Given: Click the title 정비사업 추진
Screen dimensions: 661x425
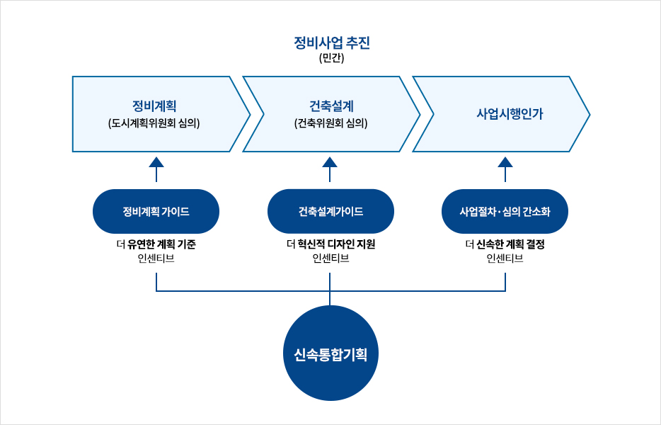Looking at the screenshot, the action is pyautogui.click(x=332, y=43).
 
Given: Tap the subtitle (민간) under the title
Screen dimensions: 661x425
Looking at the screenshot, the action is pyautogui.click(x=332, y=58).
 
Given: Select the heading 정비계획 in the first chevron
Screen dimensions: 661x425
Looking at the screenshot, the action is pyautogui.click(x=154, y=106).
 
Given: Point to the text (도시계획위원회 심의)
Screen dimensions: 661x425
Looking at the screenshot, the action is pyautogui.click(x=154, y=123).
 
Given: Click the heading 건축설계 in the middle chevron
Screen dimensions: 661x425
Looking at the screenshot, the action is pyautogui.click(x=331, y=106).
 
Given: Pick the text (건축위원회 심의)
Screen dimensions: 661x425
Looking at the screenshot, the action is pyautogui.click(x=331, y=123).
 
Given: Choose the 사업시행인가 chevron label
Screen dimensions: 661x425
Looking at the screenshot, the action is pyautogui.click(x=510, y=114).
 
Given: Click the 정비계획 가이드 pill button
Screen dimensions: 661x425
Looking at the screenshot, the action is pyautogui.click(x=156, y=212).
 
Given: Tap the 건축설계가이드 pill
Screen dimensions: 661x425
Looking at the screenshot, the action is pyautogui.click(x=331, y=212).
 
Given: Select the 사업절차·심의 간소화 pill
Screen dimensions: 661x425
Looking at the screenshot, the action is pyautogui.click(x=505, y=212).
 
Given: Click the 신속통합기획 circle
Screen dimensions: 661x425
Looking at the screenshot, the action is pyautogui.click(x=331, y=353).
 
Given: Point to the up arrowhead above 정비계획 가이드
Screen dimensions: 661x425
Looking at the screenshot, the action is pyautogui.click(x=156, y=162).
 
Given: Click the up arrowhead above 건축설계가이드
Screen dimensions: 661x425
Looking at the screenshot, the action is pyautogui.click(x=330, y=162).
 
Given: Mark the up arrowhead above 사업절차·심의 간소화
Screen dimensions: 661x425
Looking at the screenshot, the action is pyautogui.click(x=505, y=162).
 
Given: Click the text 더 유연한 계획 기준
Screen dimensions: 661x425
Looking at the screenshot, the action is pyautogui.click(x=156, y=244).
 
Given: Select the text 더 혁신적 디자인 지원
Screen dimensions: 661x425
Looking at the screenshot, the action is pyautogui.click(x=331, y=244).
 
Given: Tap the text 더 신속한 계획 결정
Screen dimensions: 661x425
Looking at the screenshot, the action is pyautogui.click(x=505, y=244).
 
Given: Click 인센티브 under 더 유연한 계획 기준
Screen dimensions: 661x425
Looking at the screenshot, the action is pyautogui.click(x=156, y=259).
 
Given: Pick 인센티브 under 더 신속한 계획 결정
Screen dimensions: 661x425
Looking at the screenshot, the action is pyautogui.click(x=505, y=259).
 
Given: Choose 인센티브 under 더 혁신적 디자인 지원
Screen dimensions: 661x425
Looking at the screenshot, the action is pyautogui.click(x=331, y=259).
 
